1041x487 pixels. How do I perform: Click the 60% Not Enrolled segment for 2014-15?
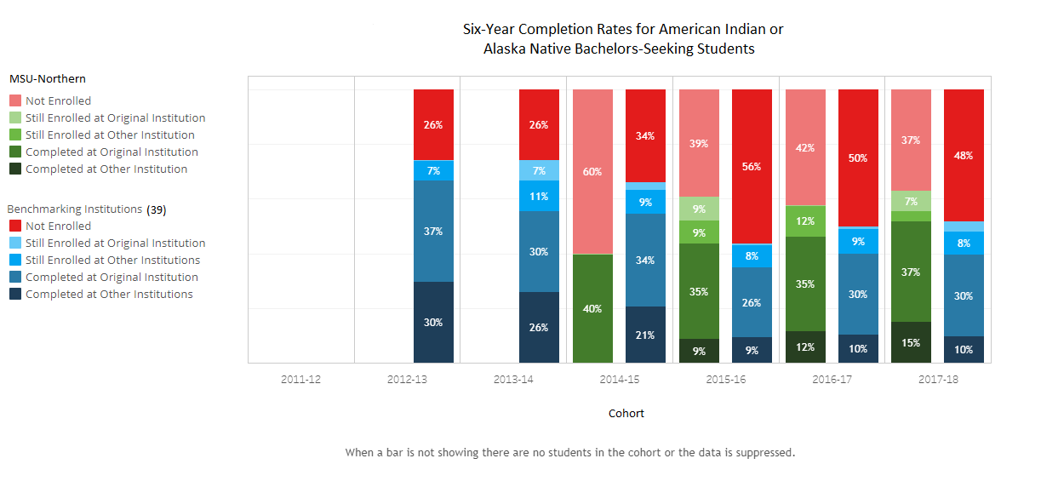point(592,171)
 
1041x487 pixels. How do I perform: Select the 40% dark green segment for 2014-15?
point(592,308)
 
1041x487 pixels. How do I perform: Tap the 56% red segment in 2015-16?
point(752,166)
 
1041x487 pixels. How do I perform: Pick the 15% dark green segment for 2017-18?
point(911,342)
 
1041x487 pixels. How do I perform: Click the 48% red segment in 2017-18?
point(964,155)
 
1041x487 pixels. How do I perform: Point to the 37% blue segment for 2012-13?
point(433,231)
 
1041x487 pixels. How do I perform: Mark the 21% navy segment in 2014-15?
point(645,335)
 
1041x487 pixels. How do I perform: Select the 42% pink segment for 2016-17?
point(804,147)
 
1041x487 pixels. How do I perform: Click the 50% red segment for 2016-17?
point(858,158)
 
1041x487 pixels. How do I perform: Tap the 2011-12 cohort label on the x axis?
point(301,380)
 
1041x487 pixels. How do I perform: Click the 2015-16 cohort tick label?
point(726,380)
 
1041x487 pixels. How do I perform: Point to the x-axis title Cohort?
point(626,414)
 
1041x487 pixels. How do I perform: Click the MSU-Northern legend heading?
point(48,78)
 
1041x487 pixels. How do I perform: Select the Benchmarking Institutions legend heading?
point(75,209)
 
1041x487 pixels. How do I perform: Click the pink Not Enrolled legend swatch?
point(14,101)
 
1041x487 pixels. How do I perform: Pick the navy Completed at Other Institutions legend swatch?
point(14,295)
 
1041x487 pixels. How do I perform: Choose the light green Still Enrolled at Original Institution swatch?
point(14,118)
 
